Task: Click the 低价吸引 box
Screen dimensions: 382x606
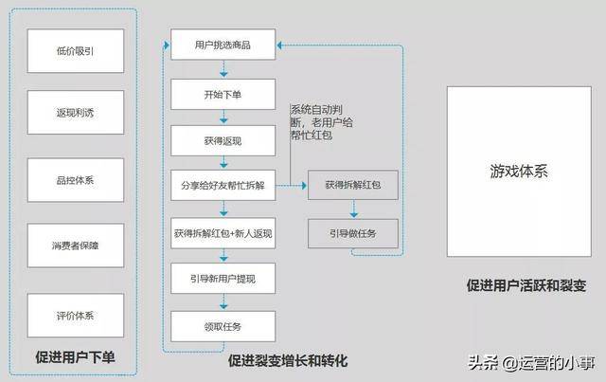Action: point(75,49)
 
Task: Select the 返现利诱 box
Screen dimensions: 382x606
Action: point(75,114)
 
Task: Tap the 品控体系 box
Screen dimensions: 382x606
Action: point(75,179)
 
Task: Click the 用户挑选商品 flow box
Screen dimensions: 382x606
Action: point(223,45)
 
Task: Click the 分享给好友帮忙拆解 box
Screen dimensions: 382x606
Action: point(223,186)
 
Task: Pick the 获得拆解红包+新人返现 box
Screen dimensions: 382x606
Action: point(223,232)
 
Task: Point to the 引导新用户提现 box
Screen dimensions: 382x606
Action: point(223,280)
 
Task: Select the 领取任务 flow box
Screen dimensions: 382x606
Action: point(223,326)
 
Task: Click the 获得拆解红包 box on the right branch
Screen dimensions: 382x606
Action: point(352,186)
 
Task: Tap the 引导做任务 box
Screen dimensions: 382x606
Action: point(352,233)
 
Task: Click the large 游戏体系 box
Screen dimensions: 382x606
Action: point(520,173)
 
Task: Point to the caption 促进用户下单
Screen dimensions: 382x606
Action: point(75,357)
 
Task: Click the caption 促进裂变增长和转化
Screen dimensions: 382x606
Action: point(287,361)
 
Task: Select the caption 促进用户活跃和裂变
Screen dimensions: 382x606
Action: point(526,284)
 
